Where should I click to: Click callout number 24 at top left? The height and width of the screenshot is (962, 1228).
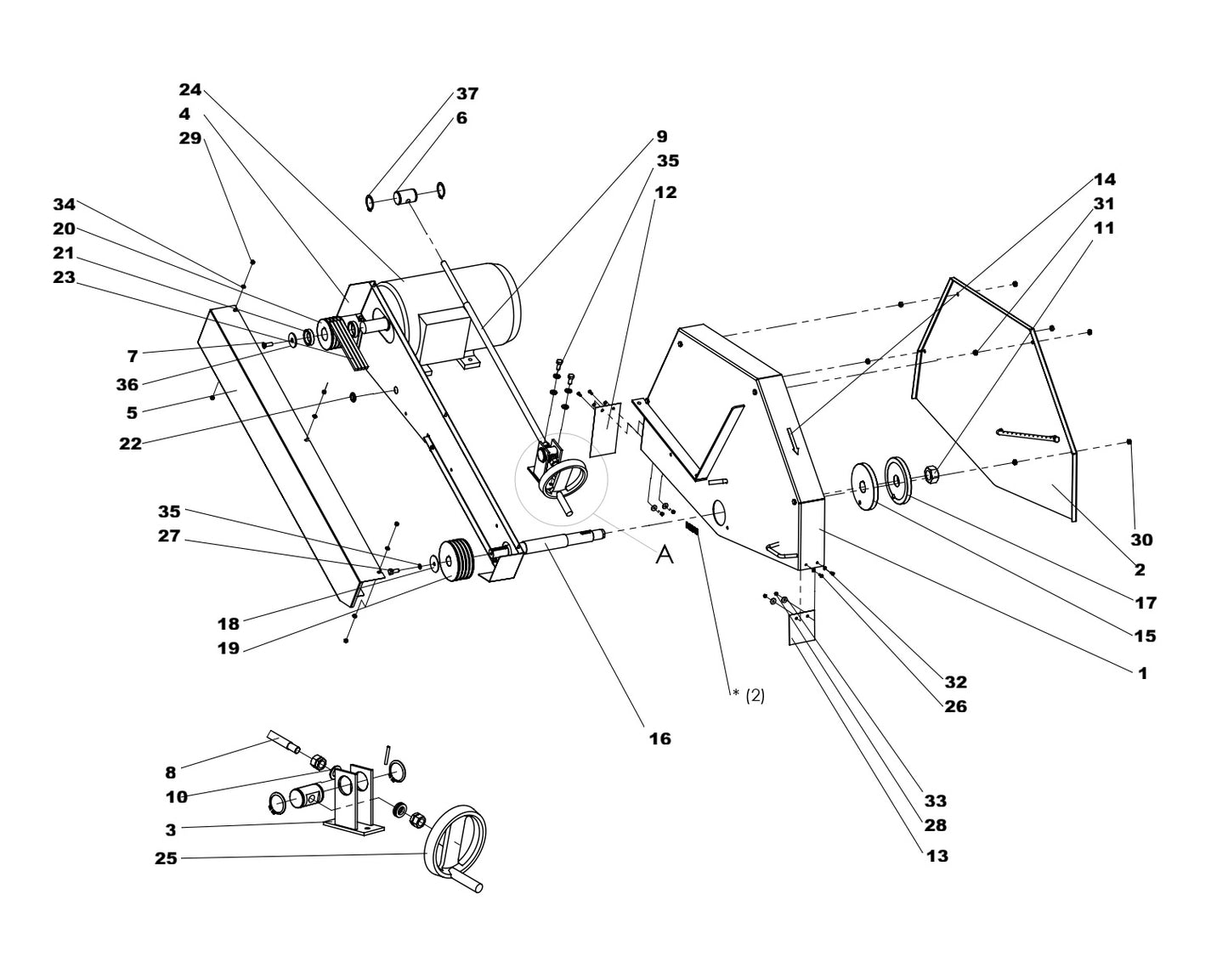click(190, 89)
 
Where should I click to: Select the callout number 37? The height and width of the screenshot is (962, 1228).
click(467, 93)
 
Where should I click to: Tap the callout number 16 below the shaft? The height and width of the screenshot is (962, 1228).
click(659, 738)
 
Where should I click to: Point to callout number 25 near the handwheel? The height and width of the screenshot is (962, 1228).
click(166, 858)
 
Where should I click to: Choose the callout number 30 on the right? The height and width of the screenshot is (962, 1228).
click(1141, 540)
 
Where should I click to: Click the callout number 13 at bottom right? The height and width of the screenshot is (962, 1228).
click(937, 856)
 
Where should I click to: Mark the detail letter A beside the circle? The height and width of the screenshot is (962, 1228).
click(665, 555)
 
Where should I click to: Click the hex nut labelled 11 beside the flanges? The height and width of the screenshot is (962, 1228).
click(931, 473)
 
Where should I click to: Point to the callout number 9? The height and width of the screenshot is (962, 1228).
click(660, 136)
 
